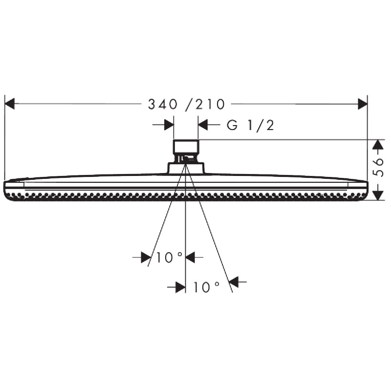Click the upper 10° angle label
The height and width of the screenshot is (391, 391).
point(169,257)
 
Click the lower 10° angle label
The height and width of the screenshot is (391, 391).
point(206,287)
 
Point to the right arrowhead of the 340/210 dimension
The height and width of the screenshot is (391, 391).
point(362,104)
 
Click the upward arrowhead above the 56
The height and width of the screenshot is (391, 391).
point(377,145)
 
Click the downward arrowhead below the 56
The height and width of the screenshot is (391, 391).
point(377,195)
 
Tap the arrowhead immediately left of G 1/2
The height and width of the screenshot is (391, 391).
point(203,125)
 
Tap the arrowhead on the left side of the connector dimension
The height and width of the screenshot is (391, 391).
point(169,125)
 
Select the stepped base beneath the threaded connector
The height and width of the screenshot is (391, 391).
point(186,167)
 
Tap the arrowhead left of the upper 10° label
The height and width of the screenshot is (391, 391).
point(146,257)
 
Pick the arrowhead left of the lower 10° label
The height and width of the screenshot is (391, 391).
point(180,287)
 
